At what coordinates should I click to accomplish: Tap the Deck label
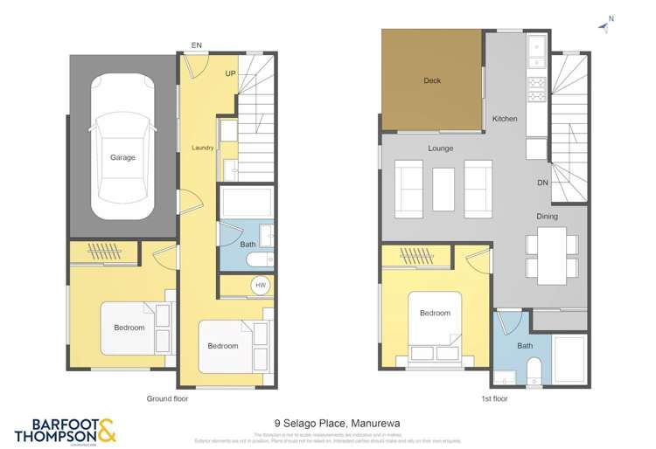coord(432,81)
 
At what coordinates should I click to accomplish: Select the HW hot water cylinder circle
coord(260,286)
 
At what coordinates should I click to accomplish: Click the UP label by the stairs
coord(230,73)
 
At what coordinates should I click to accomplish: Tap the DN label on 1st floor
coord(542,183)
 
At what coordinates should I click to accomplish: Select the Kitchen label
coord(505,119)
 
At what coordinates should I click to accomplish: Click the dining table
coord(551,255)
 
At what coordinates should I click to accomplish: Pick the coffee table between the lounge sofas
coord(443,189)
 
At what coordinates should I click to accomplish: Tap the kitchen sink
coord(536,45)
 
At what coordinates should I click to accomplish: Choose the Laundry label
coord(203,149)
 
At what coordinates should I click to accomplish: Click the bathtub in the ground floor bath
coord(247,202)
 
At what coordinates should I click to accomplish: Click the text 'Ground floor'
coord(167,398)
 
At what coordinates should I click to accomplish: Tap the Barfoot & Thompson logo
coord(65,429)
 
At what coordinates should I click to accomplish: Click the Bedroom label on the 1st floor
coord(435,314)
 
